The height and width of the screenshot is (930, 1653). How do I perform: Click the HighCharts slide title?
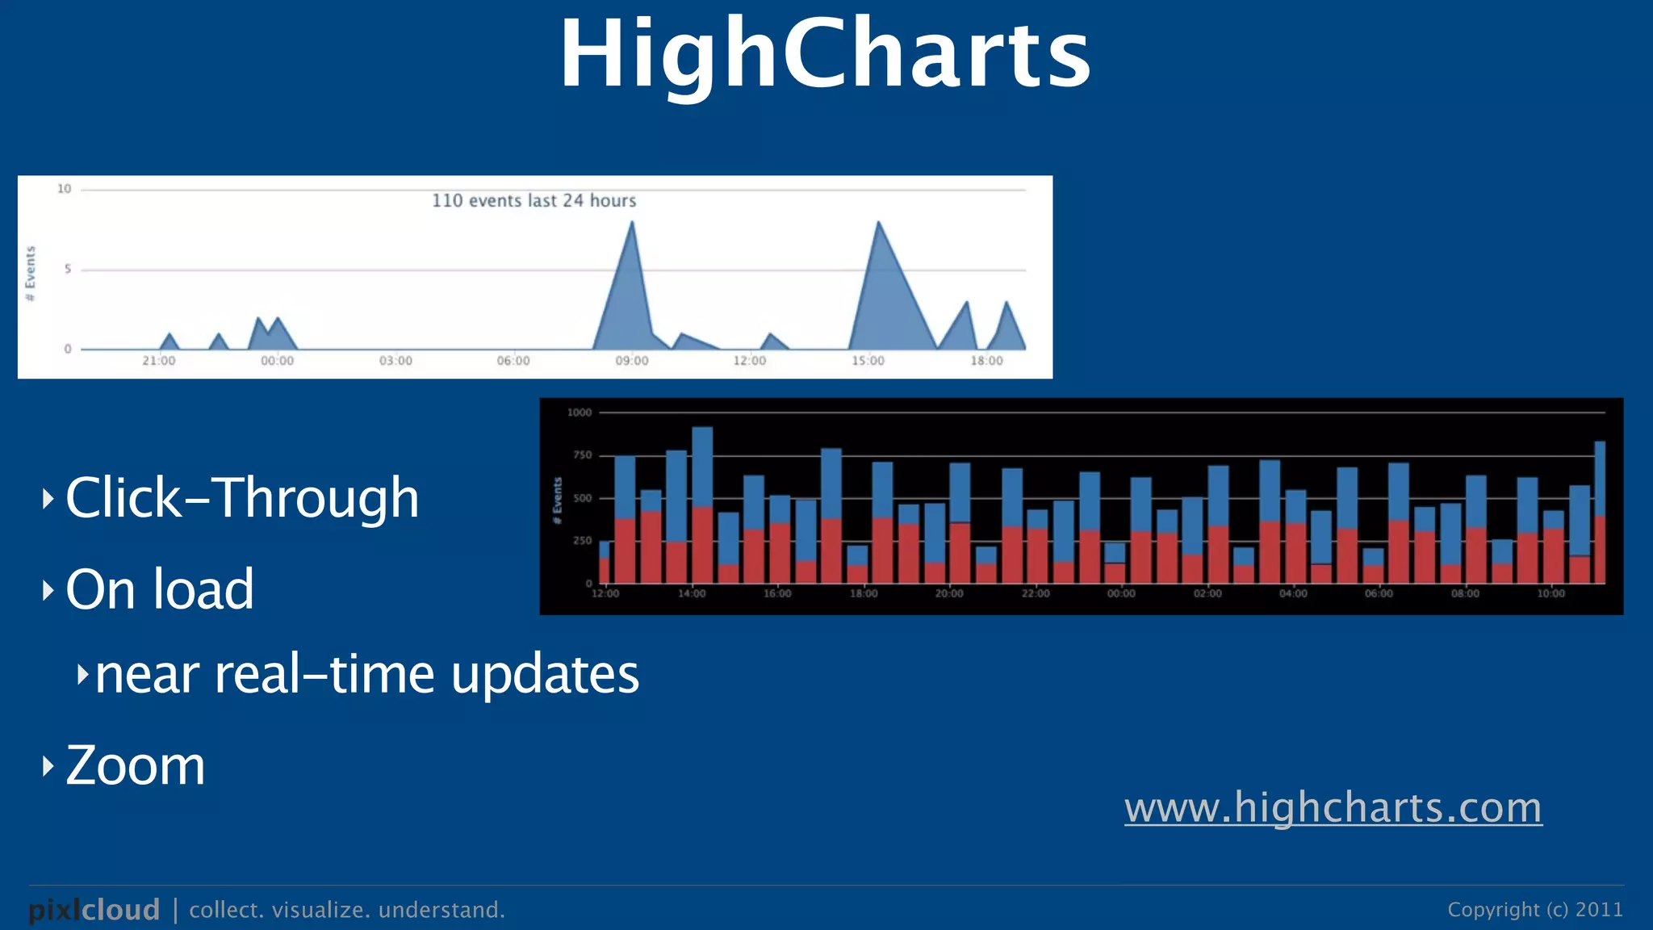pyautogui.click(x=825, y=55)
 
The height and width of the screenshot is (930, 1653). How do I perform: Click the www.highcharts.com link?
pyautogui.click(x=1333, y=807)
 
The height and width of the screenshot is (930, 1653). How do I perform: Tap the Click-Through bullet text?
pyautogui.click(x=242, y=497)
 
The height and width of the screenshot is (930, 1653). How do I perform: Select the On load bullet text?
pyautogui.click(x=160, y=589)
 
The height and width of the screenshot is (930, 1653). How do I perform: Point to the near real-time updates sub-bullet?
pyautogui.click(x=367, y=674)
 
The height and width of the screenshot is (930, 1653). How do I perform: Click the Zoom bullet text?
pyautogui.click(x=136, y=765)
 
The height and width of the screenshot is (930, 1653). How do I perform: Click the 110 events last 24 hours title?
pyautogui.click(x=534, y=200)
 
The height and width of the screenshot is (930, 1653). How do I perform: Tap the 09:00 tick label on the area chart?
pyautogui.click(x=631, y=361)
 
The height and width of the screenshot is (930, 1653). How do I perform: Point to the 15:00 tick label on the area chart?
pyautogui.click(x=868, y=361)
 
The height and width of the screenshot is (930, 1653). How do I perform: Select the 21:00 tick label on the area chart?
pyautogui.click(x=158, y=361)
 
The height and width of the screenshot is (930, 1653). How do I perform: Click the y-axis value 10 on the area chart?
pyautogui.click(x=64, y=189)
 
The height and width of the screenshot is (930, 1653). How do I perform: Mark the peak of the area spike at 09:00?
pyautogui.click(x=632, y=223)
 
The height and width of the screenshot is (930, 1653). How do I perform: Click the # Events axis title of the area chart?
pyautogui.click(x=31, y=274)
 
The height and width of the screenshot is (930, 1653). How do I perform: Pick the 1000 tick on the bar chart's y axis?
pyautogui.click(x=580, y=413)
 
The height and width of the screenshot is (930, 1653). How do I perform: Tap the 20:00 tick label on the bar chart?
pyautogui.click(x=949, y=593)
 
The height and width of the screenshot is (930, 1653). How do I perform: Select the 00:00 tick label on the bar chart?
pyautogui.click(x=1121, y=593)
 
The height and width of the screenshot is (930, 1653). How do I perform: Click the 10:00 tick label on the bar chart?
pyautogui.click(x=1550, y=593)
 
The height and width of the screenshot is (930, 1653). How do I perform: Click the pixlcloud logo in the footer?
pyautogui.click(x=94, y=910)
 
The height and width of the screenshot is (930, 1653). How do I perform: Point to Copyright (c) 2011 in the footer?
pyautogui.click(x=1534, y=910)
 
